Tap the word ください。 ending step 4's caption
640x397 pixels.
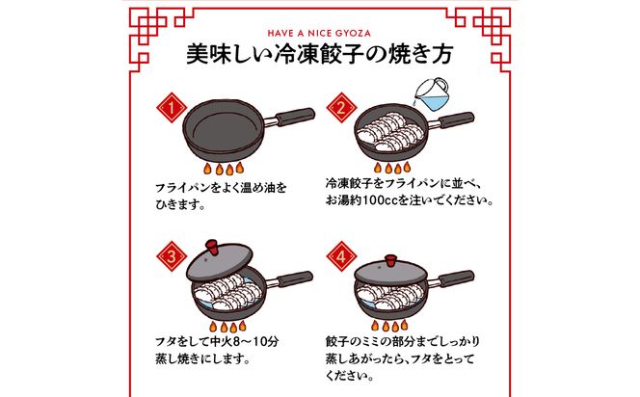[x=352, y=379]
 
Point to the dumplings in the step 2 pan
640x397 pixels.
[x=390, y=133]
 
